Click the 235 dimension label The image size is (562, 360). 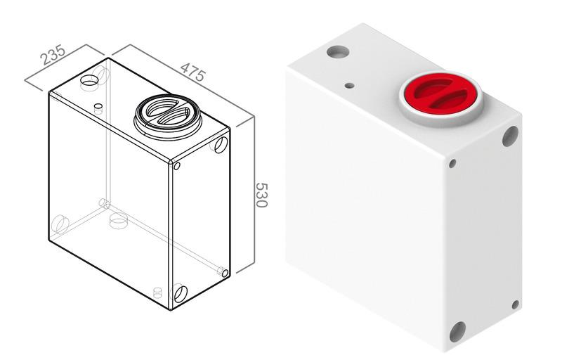(53, 55)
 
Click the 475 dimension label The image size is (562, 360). (193, 72)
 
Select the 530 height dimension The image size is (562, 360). (261, 195)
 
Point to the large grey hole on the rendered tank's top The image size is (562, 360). (338, 51)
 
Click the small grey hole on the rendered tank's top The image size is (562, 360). (349, 86)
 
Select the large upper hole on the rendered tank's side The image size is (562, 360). (511, 136)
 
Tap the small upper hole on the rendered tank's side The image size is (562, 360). (452, 164)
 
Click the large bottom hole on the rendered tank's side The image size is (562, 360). (457, 332)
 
